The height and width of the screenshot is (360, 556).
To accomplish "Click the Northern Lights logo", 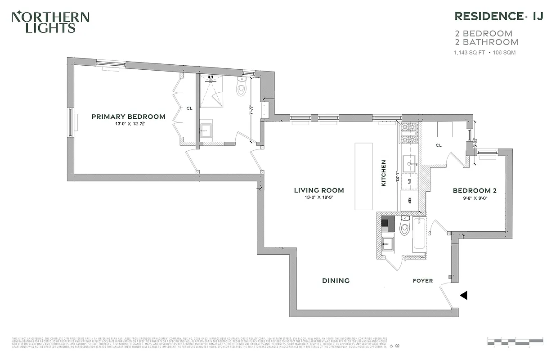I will (x=50, y=22).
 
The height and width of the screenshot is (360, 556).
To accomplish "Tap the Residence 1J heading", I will (x=499, y=16).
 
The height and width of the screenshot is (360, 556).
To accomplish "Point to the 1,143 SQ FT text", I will (x=469, y=53).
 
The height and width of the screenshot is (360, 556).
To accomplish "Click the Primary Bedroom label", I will (x=128, y=117).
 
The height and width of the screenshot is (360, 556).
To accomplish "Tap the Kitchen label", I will (x=384, y=173).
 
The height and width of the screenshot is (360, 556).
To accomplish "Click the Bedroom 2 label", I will (x=475, y=190).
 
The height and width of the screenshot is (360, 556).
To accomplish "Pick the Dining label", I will (x=336, y=280).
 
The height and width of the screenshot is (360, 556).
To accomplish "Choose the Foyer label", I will (x=423, y=281).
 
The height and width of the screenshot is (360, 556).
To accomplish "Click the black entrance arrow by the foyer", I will (x=463, y=295).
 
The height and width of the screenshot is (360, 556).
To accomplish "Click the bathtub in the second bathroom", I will (x=418, y=234).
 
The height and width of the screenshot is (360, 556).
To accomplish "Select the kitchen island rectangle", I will (x=363, y=176).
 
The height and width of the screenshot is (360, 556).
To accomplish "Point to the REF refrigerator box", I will (x=409, y=201).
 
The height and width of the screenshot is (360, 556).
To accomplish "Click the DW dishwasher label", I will (x=409, y=182).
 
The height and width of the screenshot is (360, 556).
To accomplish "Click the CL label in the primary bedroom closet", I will (x=189, y=108).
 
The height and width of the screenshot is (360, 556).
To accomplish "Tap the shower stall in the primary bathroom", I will (x=212, y=91).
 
